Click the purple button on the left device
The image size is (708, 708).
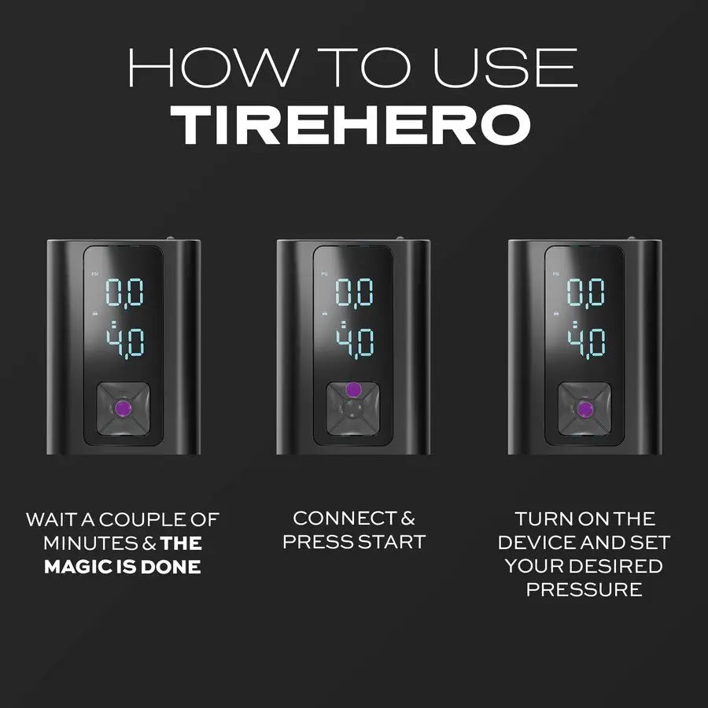(122, 408)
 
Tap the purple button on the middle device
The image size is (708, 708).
(353, 389)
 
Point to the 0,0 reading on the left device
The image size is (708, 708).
(124, 293)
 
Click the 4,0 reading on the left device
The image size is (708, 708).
(124, 343)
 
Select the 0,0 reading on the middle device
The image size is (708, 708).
(355, 293)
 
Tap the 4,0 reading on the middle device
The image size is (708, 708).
(355, 343)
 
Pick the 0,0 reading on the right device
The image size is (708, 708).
(586, 293)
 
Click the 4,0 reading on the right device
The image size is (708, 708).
(586, 343)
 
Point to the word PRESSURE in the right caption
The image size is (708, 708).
(584, 589)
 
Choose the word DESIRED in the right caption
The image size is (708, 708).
(618, 566)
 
